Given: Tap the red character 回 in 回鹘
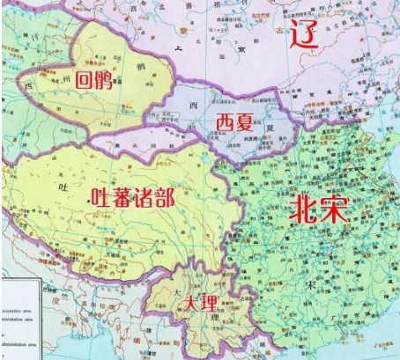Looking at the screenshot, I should coord(85,80).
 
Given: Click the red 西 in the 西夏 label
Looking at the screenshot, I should coord(225,120).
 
